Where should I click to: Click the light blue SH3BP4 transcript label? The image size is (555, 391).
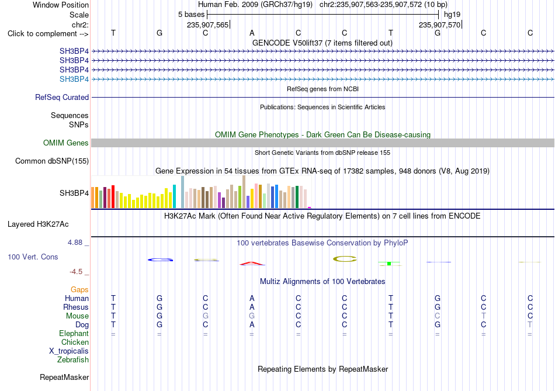(74, 79)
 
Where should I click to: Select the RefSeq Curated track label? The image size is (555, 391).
(62, 98)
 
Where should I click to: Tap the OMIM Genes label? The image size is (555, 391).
(66, 143)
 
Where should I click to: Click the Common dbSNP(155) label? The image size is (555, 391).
(52, 161)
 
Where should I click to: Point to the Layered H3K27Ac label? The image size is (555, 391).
(38, 224)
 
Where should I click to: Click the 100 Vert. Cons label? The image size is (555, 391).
(33, 257)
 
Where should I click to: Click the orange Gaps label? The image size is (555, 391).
(79, 290)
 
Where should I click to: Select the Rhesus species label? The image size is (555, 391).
(76, 307)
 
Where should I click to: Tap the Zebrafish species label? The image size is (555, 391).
(73, 360)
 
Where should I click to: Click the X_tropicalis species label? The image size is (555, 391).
(69, 351)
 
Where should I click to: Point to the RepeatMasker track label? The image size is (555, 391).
(64, 378)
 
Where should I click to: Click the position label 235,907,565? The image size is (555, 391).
(208, 25)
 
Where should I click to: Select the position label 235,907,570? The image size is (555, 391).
(439, 25)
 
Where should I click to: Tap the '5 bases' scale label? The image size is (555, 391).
(191, 15)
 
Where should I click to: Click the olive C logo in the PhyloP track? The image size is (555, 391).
(345, 259)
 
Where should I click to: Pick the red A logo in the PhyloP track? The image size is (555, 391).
(252, 264)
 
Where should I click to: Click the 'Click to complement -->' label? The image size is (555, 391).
(48, 34)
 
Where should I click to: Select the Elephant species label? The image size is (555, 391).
(74, 334)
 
